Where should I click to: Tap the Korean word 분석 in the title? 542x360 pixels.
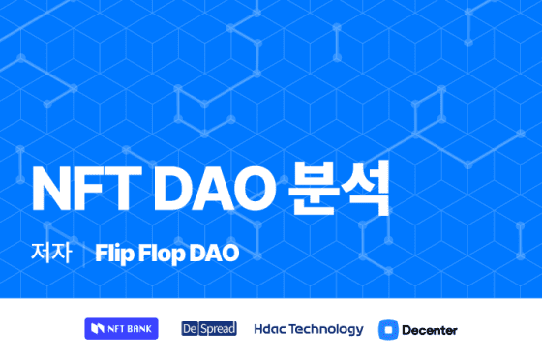(340, 188)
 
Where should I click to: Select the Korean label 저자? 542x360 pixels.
(50, 254)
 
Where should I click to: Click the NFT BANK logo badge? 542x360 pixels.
(121, 329)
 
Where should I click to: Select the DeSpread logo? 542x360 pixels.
(209, 329)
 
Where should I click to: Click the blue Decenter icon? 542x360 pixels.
(388, 329)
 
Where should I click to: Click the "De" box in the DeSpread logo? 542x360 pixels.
(190, 329)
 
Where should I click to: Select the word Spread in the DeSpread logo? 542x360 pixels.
(217, 329)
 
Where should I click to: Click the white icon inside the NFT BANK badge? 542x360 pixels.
(97, 329)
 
